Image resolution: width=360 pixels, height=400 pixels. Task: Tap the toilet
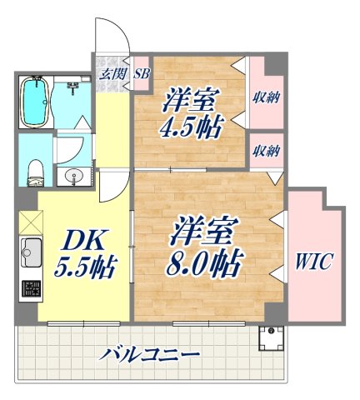(35, 172)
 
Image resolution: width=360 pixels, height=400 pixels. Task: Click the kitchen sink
(31, 248)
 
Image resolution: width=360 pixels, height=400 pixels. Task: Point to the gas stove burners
(31, 291)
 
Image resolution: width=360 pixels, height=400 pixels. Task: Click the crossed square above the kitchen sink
(29, 222)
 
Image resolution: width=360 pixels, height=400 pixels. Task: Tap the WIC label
(312, 262)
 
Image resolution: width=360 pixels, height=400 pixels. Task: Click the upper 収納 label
(266, 97)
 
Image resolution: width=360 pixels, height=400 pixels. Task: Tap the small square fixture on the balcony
(271, 337)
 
